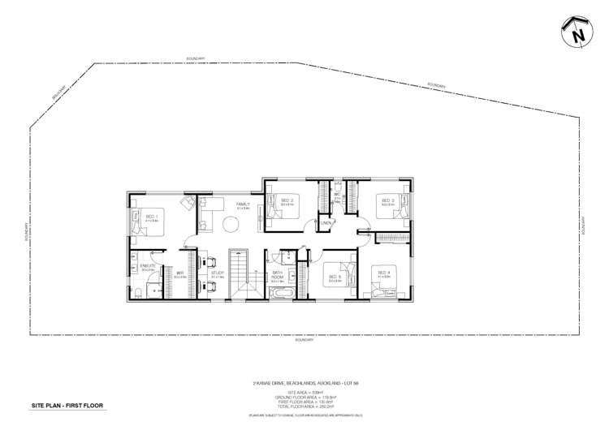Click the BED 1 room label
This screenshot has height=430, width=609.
tap(150, 217)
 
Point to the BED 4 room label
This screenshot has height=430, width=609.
tap(383, 273)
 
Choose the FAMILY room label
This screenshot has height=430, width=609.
tap(242, 204)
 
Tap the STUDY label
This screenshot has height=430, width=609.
tap(218, 273)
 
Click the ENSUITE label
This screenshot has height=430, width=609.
tap(148, 266)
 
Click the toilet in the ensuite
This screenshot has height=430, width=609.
tap(139, 293)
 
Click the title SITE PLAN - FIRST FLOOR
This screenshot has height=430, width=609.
tap(67, 404)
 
